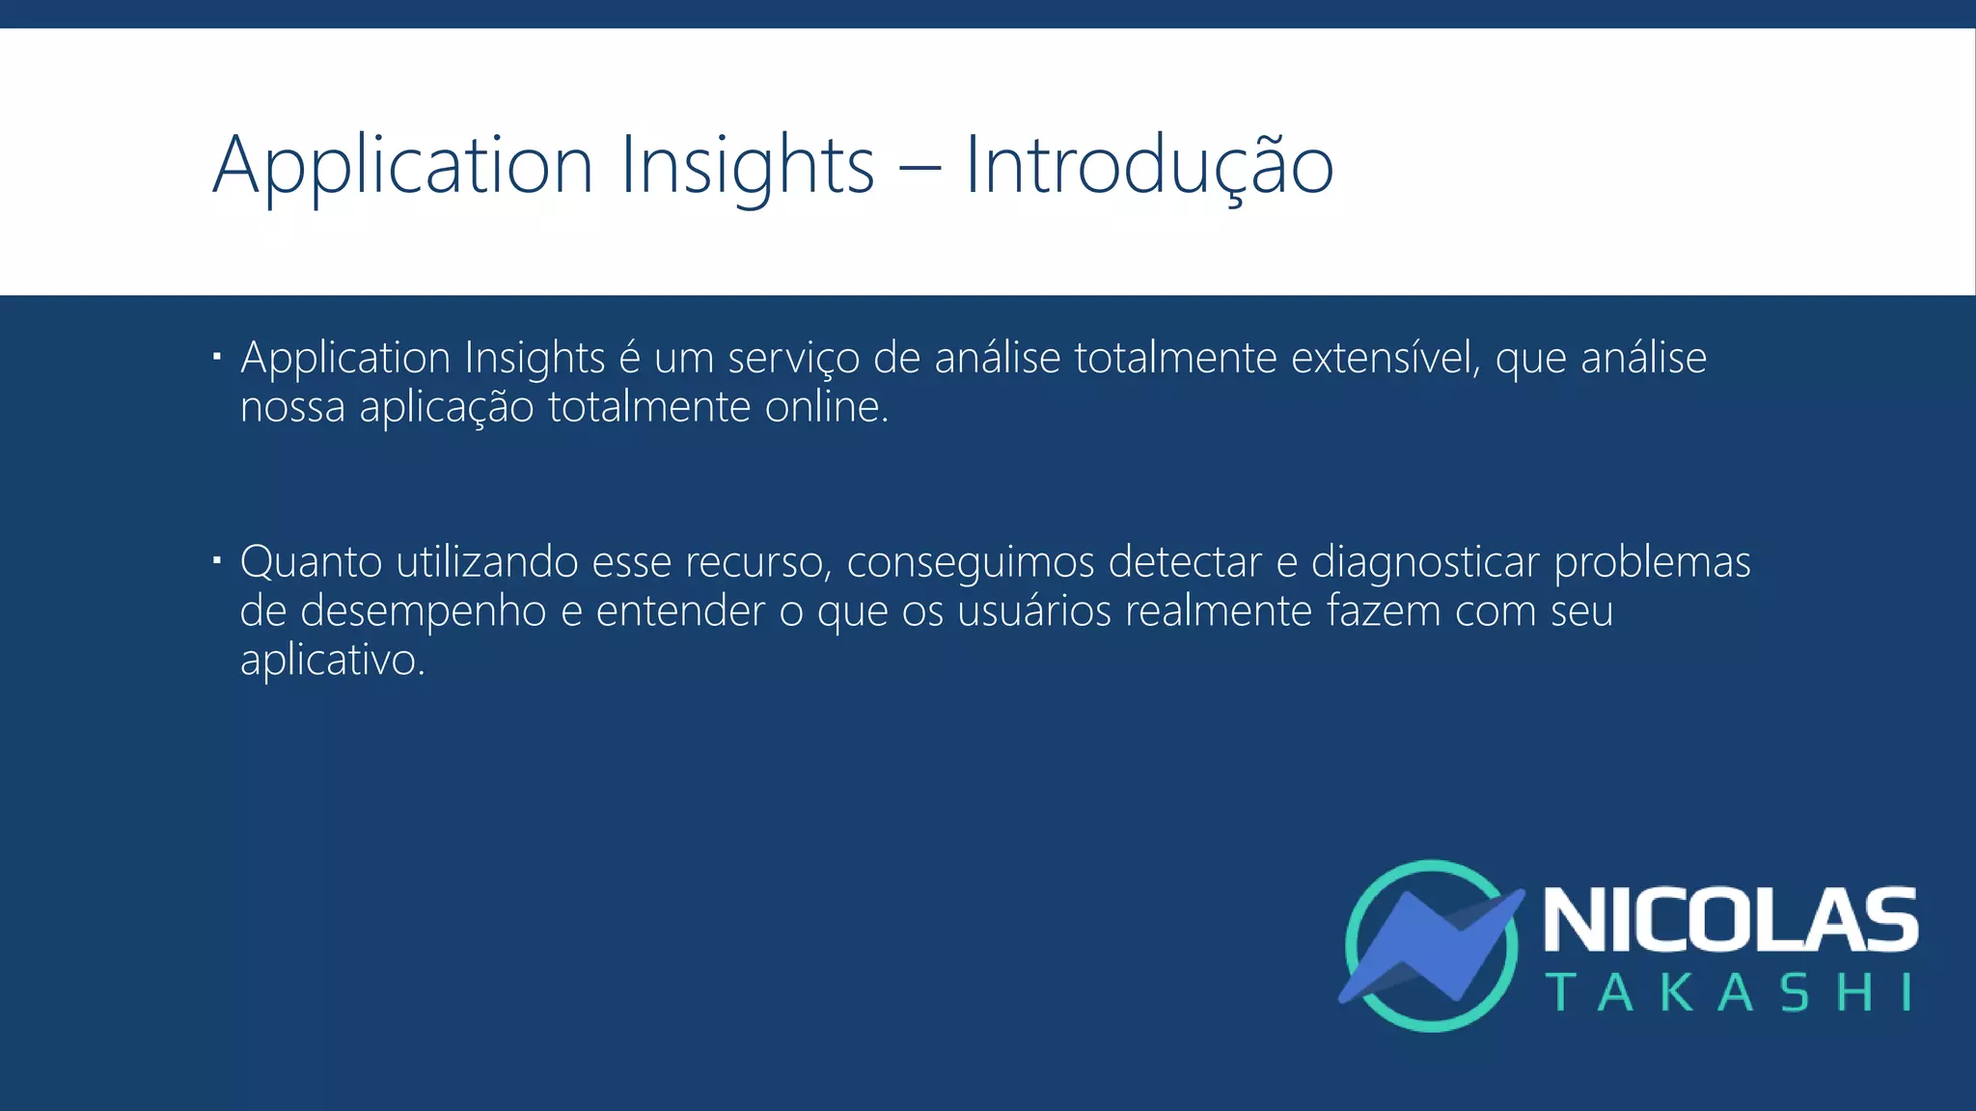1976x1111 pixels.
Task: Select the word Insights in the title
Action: [x=747, y=166]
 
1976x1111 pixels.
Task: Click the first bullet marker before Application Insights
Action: [x=217, y=359]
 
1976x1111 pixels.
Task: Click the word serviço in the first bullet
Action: [x=793, y=359]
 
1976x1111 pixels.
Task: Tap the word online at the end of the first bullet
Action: [x=825, y=407]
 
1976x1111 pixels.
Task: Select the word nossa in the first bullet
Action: [x=292, y=407]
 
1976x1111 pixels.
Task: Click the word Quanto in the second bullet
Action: [x=311, y=562]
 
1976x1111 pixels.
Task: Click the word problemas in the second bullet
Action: [x=1652, y=562]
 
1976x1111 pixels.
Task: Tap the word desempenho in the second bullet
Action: [x=423, y=611]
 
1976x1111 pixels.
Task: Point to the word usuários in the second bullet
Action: [x=1034, y=611]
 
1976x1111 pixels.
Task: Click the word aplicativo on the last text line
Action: [x=330, y=661]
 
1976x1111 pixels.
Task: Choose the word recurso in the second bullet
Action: [x=757, y=562]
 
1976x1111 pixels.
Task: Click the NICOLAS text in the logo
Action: [x=1730, y=921]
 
